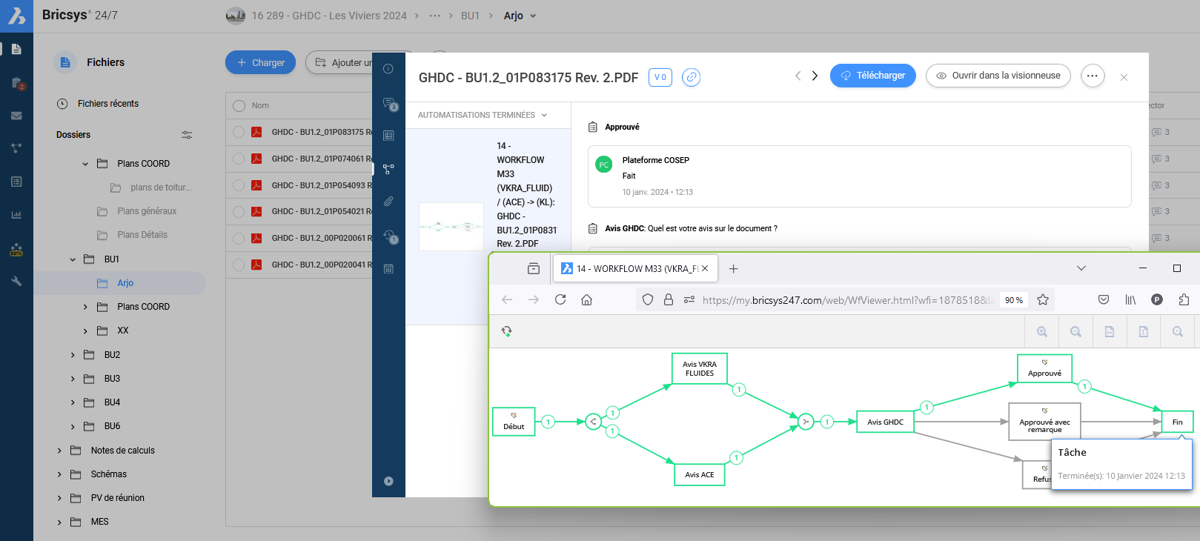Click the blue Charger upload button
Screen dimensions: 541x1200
[260, 63]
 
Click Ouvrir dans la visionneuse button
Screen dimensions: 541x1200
[998, 76]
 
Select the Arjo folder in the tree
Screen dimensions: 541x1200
[125, 283]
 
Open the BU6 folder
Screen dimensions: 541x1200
[112, 426]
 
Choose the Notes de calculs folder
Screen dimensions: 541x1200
[122, 451]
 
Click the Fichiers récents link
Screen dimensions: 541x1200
[107, 104]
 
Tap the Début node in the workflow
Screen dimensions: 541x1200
[514, 421]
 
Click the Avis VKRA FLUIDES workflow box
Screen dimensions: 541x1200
[700, 368]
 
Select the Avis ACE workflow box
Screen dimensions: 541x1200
[700, 474]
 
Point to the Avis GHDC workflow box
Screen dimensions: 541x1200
[885, 422]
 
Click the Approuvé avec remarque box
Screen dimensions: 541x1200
[1044, 422]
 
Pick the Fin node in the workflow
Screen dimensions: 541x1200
[1177, 422]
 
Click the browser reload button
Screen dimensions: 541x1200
[560, 299]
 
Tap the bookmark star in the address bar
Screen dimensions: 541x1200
[1043, 299]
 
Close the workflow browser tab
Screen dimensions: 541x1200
[705, 268]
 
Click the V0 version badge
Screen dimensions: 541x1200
[660, 77]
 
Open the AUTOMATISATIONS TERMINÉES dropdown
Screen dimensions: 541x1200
[482, 115]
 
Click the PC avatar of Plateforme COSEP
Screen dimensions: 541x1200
[604, 165]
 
